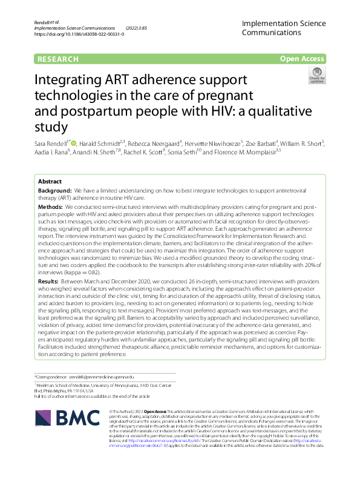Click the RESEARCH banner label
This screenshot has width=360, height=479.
[x=58, y=59]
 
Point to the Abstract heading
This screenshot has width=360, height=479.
[x=50, y=182]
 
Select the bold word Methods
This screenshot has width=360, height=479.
[x=51, y=207]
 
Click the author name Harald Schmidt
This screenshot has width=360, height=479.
[x=100, y=143]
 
